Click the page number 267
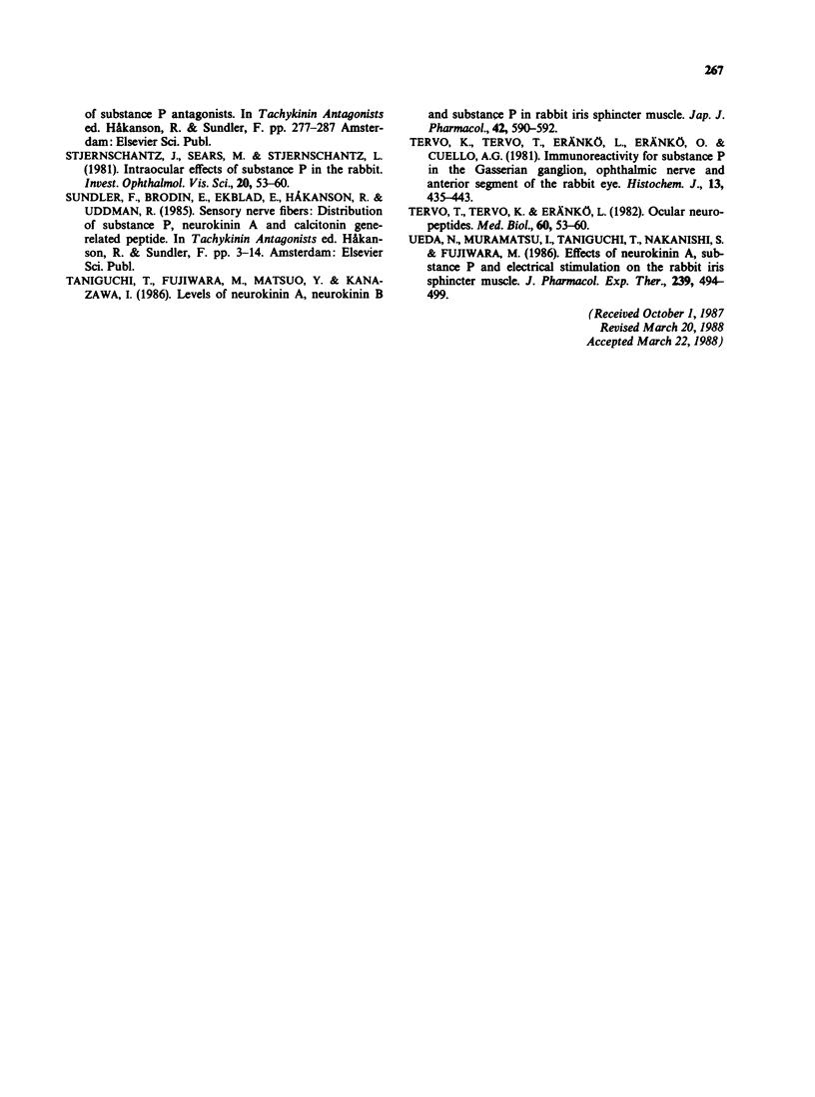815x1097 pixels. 711,70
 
